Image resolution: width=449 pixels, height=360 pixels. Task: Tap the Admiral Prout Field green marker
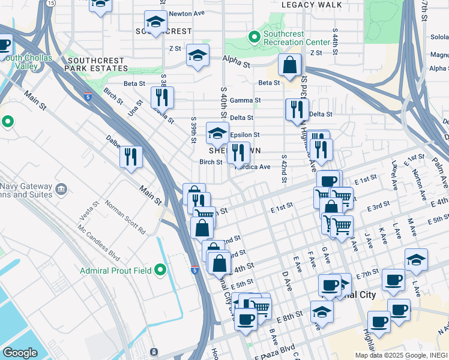[x=160, y=270]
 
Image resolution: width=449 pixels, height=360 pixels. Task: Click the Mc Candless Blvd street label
[x=103, y=239]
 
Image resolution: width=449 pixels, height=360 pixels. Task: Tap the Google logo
[x=20, y=353]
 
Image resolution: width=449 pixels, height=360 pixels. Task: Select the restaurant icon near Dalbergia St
[x=131, y=157]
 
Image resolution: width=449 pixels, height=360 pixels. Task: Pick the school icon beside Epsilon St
[x=217, y=133]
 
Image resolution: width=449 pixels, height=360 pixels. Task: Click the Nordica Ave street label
[x=256, y=167]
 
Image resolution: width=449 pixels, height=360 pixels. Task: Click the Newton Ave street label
[x=187, y=13]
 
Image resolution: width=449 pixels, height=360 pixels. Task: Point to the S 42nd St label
[x=282, y=170]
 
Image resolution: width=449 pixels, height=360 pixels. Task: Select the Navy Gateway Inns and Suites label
[x=27, y=191]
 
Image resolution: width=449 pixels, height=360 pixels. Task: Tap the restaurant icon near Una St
[x=162, y=97]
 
